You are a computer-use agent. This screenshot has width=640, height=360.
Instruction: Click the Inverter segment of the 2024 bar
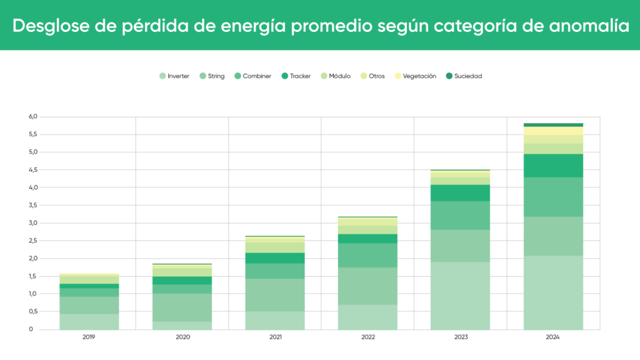click(x=553, y=292)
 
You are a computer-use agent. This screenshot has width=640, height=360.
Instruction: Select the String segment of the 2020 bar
click(x=182, y=307)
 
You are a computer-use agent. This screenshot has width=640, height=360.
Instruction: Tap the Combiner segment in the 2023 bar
click(x=461, y=215)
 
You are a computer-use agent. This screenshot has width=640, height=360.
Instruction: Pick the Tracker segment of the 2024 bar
click(x=553, y=165)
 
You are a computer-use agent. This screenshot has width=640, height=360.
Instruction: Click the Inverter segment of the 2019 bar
click(x=89, y=321)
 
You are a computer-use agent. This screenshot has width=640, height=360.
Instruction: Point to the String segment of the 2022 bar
click(x=367, y=286)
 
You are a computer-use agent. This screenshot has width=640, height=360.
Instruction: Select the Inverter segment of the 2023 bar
click(x=461, y=295)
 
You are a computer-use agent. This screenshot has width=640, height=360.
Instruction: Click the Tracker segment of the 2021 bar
click(x=275, y=257)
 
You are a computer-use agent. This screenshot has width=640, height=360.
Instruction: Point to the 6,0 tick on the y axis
click(x=33, y=117)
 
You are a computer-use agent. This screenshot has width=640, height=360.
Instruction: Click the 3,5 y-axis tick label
click(x=33, y=205)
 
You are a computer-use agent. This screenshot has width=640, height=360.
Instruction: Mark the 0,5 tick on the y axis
click(x=33, y=311)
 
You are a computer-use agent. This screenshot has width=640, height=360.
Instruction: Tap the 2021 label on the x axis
click(x=275, y=337)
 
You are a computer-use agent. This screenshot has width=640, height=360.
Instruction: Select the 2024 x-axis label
click(x=553, y=337)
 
